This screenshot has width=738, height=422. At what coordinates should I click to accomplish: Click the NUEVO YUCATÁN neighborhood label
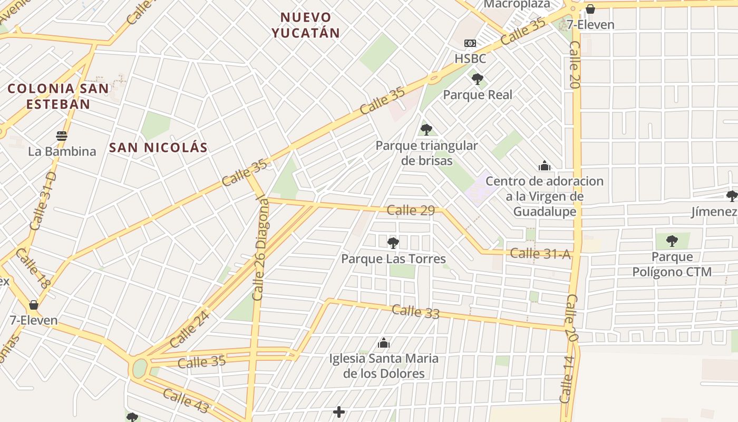306,25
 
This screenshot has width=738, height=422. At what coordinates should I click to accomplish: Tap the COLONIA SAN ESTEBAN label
58,96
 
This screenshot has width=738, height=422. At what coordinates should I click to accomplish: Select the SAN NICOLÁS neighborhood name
158,148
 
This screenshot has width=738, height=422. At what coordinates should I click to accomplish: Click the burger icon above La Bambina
62,136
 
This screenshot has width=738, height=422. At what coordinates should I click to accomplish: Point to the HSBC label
470,59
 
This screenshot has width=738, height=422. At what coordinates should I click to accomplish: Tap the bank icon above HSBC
470,43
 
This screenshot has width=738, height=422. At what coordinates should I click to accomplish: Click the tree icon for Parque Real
478,80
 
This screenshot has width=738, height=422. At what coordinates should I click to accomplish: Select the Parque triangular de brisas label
426,153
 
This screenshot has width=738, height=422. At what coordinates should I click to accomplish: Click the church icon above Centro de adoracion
545,166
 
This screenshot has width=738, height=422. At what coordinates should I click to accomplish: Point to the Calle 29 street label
411,210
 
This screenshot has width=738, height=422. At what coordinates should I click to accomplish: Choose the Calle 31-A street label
540,254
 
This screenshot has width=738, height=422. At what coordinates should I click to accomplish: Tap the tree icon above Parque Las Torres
393,243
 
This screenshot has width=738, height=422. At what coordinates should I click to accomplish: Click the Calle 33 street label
415,311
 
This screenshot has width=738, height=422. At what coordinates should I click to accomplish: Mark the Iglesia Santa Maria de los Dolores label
384,366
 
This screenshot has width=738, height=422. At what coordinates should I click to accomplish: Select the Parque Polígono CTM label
672,264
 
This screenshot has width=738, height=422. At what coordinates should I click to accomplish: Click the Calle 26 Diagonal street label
260,247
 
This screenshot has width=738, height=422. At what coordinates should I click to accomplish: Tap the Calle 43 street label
186,401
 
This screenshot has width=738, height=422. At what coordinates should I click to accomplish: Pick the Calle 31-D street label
43,200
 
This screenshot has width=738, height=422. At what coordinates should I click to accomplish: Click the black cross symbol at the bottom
339,411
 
